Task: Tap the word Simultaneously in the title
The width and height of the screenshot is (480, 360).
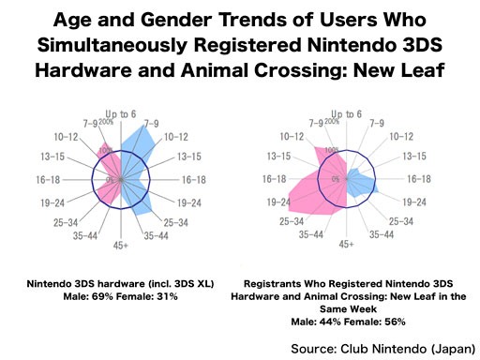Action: coord(112,45)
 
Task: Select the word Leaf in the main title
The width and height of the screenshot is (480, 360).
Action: coord(423,69)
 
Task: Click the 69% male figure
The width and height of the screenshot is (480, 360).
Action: coord(102,296)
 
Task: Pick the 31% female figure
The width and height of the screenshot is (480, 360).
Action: coord(167,296)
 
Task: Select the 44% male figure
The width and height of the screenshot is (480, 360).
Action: coord(330,322)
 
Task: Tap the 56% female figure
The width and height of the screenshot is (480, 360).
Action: coord(395,322)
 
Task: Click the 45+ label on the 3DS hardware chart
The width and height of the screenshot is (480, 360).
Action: coord(121,246)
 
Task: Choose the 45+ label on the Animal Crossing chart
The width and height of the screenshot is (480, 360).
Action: coord(346,244)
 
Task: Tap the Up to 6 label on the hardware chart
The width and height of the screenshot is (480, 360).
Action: coord(121,114)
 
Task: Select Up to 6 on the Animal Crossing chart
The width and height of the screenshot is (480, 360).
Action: coord(346,114)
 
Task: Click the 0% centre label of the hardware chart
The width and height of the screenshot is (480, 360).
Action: coord(110,180)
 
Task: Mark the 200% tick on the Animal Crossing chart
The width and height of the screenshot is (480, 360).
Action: coord(331,121)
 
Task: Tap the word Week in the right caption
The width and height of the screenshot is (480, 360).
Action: coord(364,309)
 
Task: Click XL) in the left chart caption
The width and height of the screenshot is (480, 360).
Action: coord(206,284)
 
